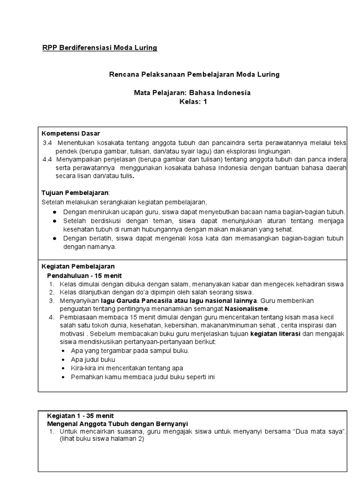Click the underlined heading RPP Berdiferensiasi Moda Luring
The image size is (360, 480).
click(x=100, y=48)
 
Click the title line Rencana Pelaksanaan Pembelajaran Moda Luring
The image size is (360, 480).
click(x=194, y=75)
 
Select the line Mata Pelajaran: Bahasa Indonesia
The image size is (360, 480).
click(x=192, y=93)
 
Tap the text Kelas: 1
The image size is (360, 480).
click(x=193, y=102)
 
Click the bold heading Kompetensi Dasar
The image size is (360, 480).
click(x=71, y=134)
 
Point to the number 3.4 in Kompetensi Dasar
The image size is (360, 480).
click(x=47, y=142)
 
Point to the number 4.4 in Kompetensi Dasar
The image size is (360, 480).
click(x=47, y=159)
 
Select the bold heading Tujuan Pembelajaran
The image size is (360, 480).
click(x=75, y=193)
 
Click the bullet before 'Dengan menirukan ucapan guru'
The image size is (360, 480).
click(x=54, y=212)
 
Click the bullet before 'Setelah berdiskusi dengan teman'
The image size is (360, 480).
click(x=54, y=221)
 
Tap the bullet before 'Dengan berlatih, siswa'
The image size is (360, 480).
click(x=54, y=238)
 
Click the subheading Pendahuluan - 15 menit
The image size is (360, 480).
click(x=84, y=275)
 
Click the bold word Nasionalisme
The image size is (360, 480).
click(x=247, y=309)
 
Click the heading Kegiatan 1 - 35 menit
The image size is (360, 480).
click(x=80, y=416)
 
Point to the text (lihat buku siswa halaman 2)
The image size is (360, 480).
click(x=101, y=439)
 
